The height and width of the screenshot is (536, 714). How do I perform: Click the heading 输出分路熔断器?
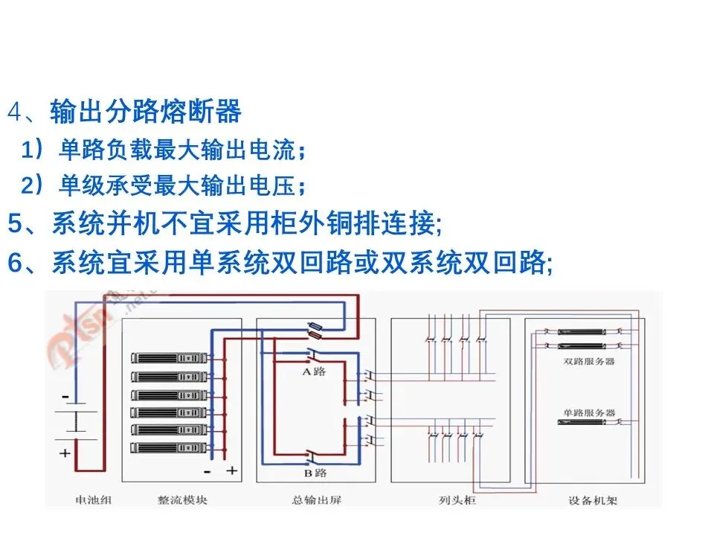point(146,112)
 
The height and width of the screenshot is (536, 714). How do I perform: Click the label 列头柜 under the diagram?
point(453,500)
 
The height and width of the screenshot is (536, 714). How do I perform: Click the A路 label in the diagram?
point(314,371)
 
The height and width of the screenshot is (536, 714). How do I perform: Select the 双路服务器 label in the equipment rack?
point(589,361)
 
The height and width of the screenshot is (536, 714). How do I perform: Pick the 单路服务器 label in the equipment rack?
point(589,412)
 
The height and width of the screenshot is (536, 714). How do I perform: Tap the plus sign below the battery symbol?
point(65,452)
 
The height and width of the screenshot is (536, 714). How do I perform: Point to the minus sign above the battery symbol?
point(65,397)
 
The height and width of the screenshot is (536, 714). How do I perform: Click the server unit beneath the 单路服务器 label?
point(588,423)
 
